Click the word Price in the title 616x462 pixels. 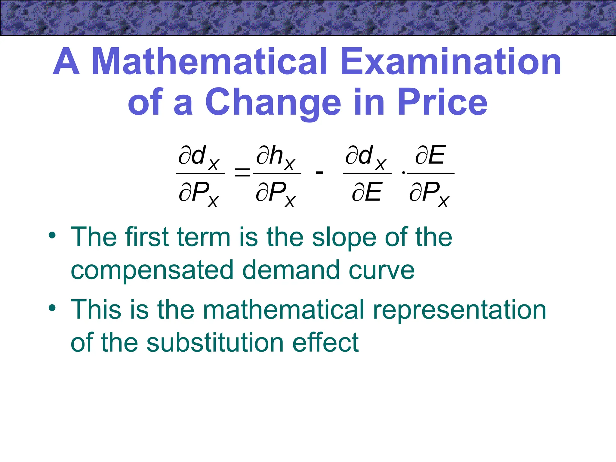[442, 102]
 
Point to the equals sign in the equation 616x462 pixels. [242, 173]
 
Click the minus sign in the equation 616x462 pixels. [319, 173]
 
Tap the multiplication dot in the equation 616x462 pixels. [403, 173]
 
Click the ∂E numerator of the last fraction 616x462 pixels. [430, 155]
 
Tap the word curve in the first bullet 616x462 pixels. [382, 270]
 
